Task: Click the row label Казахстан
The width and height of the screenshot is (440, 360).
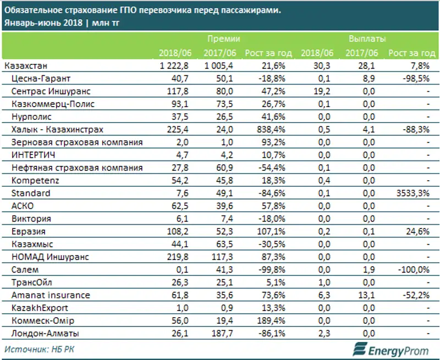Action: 25,65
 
